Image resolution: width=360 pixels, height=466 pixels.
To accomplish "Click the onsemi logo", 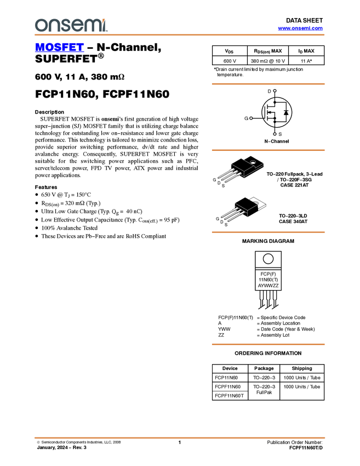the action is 71,25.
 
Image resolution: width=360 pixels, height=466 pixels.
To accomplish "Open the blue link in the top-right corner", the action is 300,29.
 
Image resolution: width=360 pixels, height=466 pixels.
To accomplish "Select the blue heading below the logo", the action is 59,48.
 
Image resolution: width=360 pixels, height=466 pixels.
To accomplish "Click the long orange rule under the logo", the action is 180,35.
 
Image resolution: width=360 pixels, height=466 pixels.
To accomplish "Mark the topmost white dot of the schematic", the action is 275,91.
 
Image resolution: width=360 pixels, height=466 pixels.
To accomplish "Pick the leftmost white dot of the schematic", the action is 250,118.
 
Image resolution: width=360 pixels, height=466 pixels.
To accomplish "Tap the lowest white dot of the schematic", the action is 275,134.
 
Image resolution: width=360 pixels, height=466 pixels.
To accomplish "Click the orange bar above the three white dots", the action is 268,84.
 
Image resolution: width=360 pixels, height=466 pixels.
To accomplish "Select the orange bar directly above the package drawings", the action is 268,150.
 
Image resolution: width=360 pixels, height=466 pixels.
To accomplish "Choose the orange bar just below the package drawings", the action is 268,232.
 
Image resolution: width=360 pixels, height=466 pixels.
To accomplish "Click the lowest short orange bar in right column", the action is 268,344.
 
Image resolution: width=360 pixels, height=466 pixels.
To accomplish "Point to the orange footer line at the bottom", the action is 180,438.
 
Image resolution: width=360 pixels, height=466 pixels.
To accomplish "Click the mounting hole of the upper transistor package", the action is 253,162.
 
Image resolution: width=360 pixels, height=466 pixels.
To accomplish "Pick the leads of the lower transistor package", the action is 230,213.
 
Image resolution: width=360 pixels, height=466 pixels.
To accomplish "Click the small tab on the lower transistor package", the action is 256,202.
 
